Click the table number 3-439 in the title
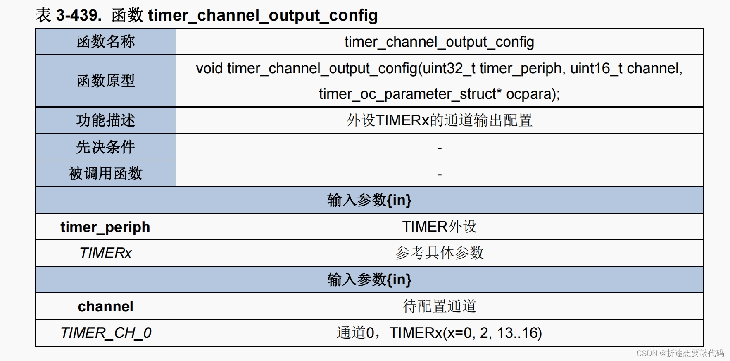tap(78, 16)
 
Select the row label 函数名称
tap(106, 42)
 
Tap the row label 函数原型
tap(106, 81)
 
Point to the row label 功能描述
tap(106, 120)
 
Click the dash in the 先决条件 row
tap(439, 148)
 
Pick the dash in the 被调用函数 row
tap(439, 174)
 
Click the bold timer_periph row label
tap(105, 227)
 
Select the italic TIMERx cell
tap(105, 253)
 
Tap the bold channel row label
tap(105, 306)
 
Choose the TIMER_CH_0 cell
tap(106, 333)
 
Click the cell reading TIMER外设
tap(439, 227)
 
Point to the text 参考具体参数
tap(439, 253)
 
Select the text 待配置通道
tap(439, 306)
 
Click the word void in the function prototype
tap(209, 68)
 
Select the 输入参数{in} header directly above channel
tap(369, 280)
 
